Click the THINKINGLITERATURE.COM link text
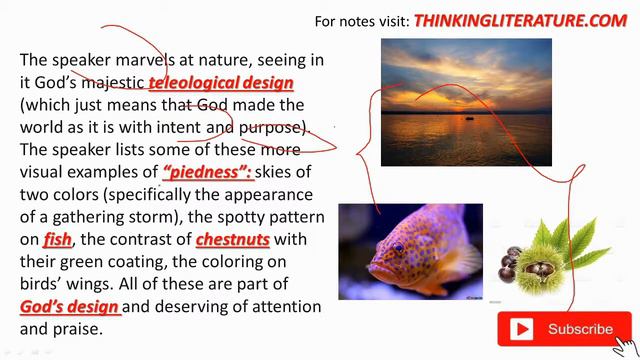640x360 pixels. coord(520,20)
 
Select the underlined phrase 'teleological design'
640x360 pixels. coord(221,83)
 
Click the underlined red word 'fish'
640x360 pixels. coord(57,239)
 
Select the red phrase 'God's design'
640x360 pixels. coord(70,306)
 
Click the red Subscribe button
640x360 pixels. coord(564,329)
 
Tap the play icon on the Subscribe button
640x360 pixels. coord(522,329)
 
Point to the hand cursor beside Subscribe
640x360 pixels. coord(626,342)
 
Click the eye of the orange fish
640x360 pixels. coord(398,247)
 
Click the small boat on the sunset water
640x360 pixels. coord(467,118)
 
